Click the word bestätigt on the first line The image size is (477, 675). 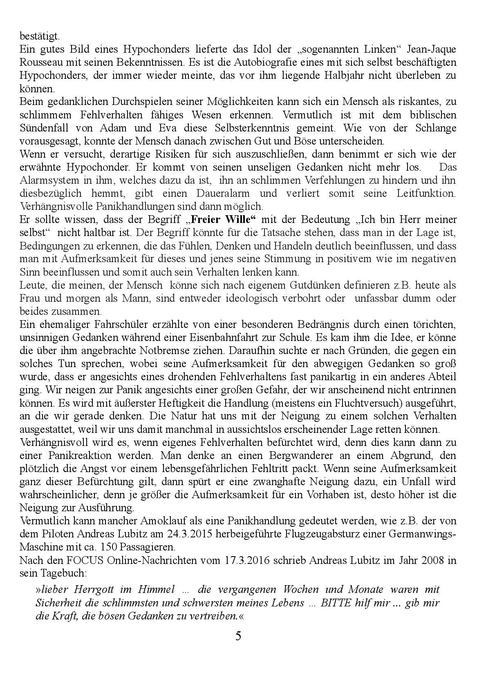coord(39,36)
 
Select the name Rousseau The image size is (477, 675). coord(40,62)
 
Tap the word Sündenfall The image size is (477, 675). coord(44,128)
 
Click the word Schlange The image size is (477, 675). coord(435,128)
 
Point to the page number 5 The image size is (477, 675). coord(238,635)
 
